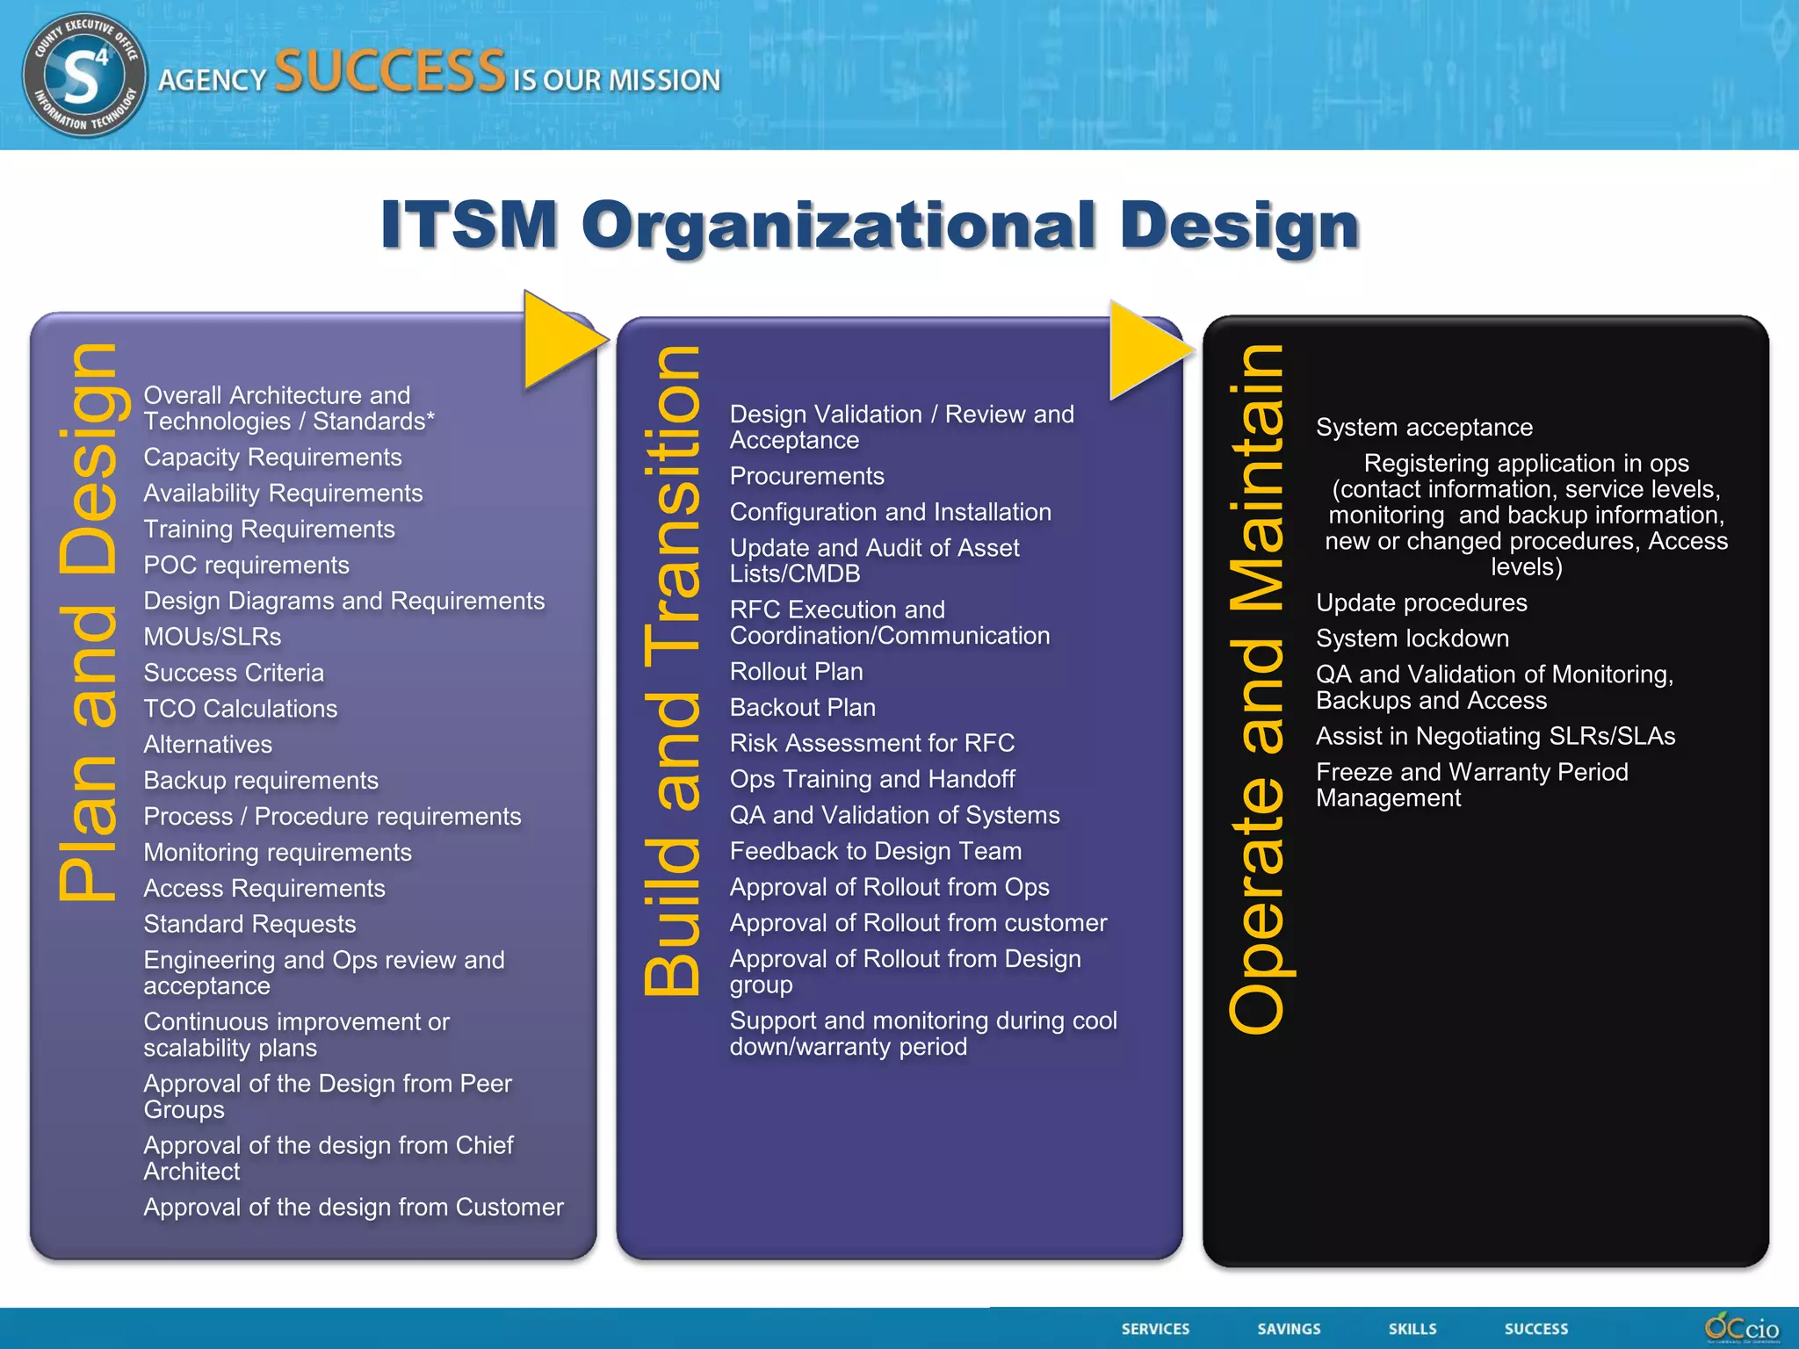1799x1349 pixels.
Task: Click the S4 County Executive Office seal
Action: [84, 75]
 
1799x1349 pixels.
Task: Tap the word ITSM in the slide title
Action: [469, 225]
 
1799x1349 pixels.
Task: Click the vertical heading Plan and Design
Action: [88, 622]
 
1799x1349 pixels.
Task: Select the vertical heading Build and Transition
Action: [673, 670]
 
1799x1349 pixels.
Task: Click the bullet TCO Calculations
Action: [240, 709]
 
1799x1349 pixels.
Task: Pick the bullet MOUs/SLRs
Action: [213, 637]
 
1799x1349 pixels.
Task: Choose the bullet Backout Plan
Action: [802, 707]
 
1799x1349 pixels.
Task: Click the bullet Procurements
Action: [806, 476]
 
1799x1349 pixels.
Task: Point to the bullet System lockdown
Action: [1412, 638]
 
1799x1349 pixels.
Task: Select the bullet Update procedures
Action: [1420, 602]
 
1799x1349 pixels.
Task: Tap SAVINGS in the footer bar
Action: [1289, 1329]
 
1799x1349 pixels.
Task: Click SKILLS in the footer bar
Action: [1412, 1329]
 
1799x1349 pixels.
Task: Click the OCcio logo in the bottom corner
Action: [1741, 1328]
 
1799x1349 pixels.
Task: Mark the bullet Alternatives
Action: [207, 745]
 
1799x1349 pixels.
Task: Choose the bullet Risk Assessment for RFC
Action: [871, 743]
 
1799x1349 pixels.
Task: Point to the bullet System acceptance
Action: [1423, 428]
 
